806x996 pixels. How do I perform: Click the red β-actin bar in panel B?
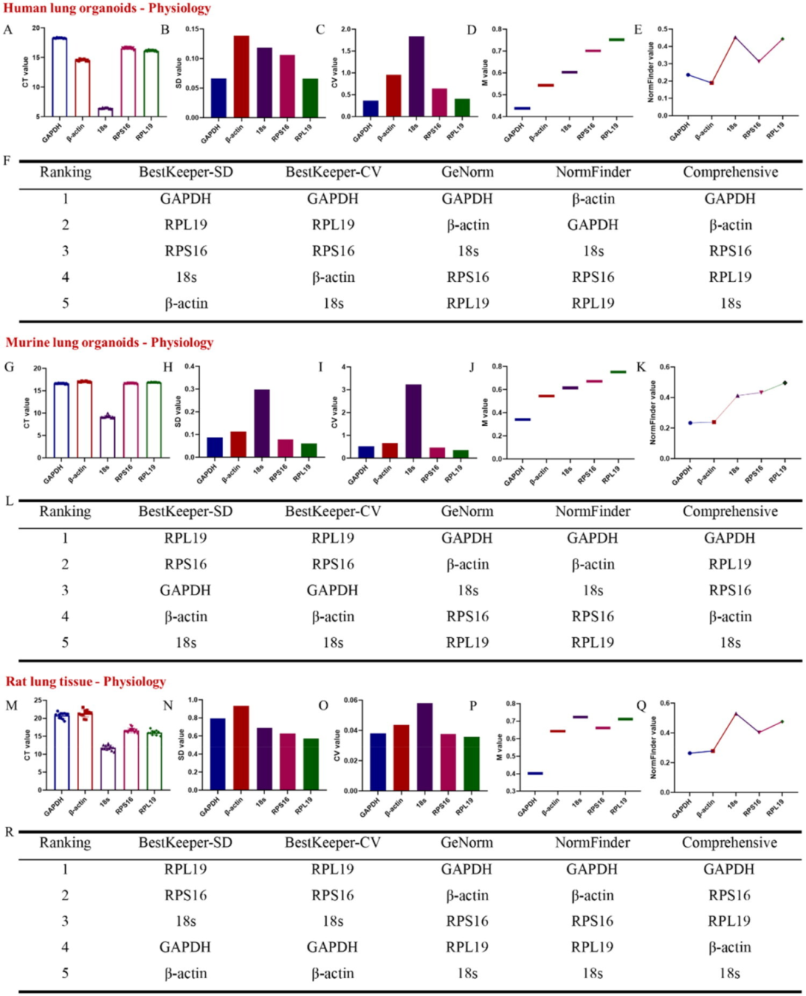tap(241, 76)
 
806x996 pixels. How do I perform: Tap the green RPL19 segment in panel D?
tap(616, 40)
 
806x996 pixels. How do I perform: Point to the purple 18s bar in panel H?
tap(261, 423)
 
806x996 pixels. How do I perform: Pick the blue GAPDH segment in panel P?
tap(534, 774)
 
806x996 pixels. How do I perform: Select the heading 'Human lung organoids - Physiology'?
tap(107, 8)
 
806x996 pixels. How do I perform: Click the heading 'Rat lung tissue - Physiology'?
tap(86, 681)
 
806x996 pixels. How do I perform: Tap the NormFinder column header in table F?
tap(593, 172)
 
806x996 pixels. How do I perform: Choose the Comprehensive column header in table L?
tap(730, 512)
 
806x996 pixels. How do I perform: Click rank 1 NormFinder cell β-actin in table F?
tap(593, 199)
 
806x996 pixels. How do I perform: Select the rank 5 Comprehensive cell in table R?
tap(729, 973)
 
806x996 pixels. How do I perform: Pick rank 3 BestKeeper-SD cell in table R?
tap(185, 921)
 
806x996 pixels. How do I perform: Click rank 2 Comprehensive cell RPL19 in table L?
tap(730, 564)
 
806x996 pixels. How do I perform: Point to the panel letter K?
tap(640, 367)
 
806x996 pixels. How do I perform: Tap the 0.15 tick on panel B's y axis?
tap(192, 30)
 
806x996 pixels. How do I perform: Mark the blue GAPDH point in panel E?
tap(688, 75)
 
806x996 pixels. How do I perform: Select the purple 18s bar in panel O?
tap(425, 746)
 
